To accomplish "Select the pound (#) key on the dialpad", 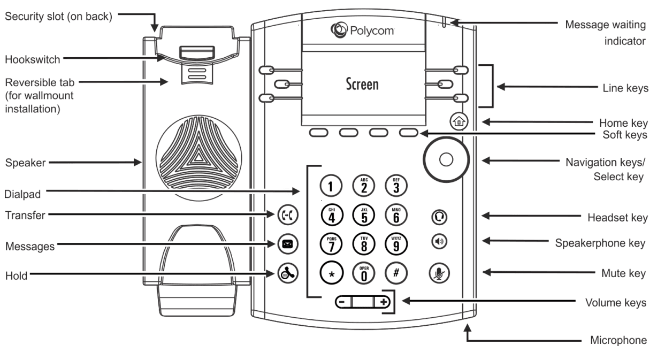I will click(396, 272).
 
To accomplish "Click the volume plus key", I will click(383, 301).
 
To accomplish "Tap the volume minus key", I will click(342, 301).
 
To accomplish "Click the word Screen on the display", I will click(362, 84).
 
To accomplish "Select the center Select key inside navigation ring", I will click(446, 159).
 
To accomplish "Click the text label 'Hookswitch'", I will click(33, 59).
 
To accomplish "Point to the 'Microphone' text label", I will click(618, 340).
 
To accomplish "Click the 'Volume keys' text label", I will click(615, 303).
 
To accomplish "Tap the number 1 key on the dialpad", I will click(330, 186).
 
